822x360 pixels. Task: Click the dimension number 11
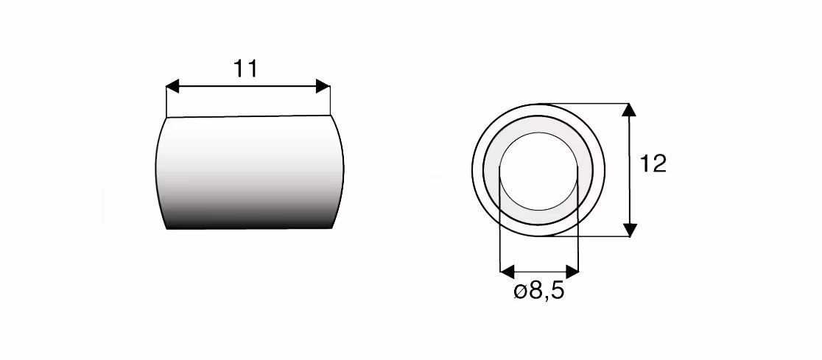pos(245,68)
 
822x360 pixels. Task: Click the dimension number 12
pos(653,164)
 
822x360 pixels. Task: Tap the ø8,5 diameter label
pos(539,290)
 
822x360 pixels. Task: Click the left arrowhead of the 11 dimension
pos(172,86)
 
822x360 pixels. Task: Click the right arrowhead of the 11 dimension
pos(323,86)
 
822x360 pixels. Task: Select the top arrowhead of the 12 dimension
pos(630,110)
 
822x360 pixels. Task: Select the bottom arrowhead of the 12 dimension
pos(630,230)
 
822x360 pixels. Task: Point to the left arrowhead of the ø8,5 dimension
pos(507,272)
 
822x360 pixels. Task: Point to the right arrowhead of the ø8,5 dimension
pos(572,272)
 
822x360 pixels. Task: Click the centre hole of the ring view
pos(538,171)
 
